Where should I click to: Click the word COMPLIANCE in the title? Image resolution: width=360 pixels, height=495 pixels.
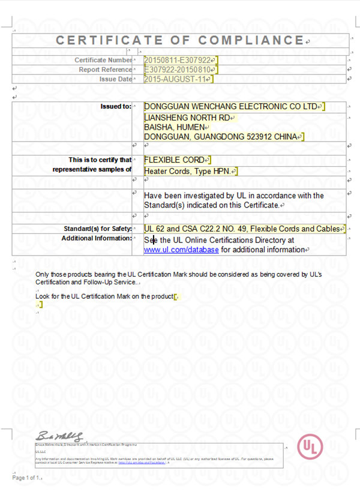click(x=251, y=40)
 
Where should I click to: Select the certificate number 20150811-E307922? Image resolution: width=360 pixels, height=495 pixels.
click(x=178, y=60)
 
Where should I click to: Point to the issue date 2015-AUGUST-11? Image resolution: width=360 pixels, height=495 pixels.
click(x=176, y=79)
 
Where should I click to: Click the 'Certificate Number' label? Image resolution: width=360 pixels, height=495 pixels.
click(x=103, y=60)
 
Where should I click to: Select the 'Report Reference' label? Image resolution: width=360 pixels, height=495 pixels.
click(x=105, y=70)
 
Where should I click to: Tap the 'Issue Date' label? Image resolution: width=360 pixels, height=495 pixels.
click(x=116, y=79)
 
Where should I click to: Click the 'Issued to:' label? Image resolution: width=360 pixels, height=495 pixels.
click(x=116, y=106)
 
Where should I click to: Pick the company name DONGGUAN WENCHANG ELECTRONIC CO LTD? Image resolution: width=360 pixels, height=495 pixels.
click(x=230, y=106)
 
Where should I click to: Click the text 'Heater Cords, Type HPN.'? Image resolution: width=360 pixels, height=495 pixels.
click(x=187, y=171)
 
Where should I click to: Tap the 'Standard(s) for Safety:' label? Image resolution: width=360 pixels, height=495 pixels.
click(x=97, y=229)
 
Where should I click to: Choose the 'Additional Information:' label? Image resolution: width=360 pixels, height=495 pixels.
click(x=96, y=238)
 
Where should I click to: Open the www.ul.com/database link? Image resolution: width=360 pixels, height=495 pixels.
click(x=181, y=250)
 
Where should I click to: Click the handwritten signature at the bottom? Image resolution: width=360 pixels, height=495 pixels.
click(x=58, y=435)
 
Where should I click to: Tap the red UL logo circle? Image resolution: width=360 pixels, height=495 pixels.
click(x=310, y=447)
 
